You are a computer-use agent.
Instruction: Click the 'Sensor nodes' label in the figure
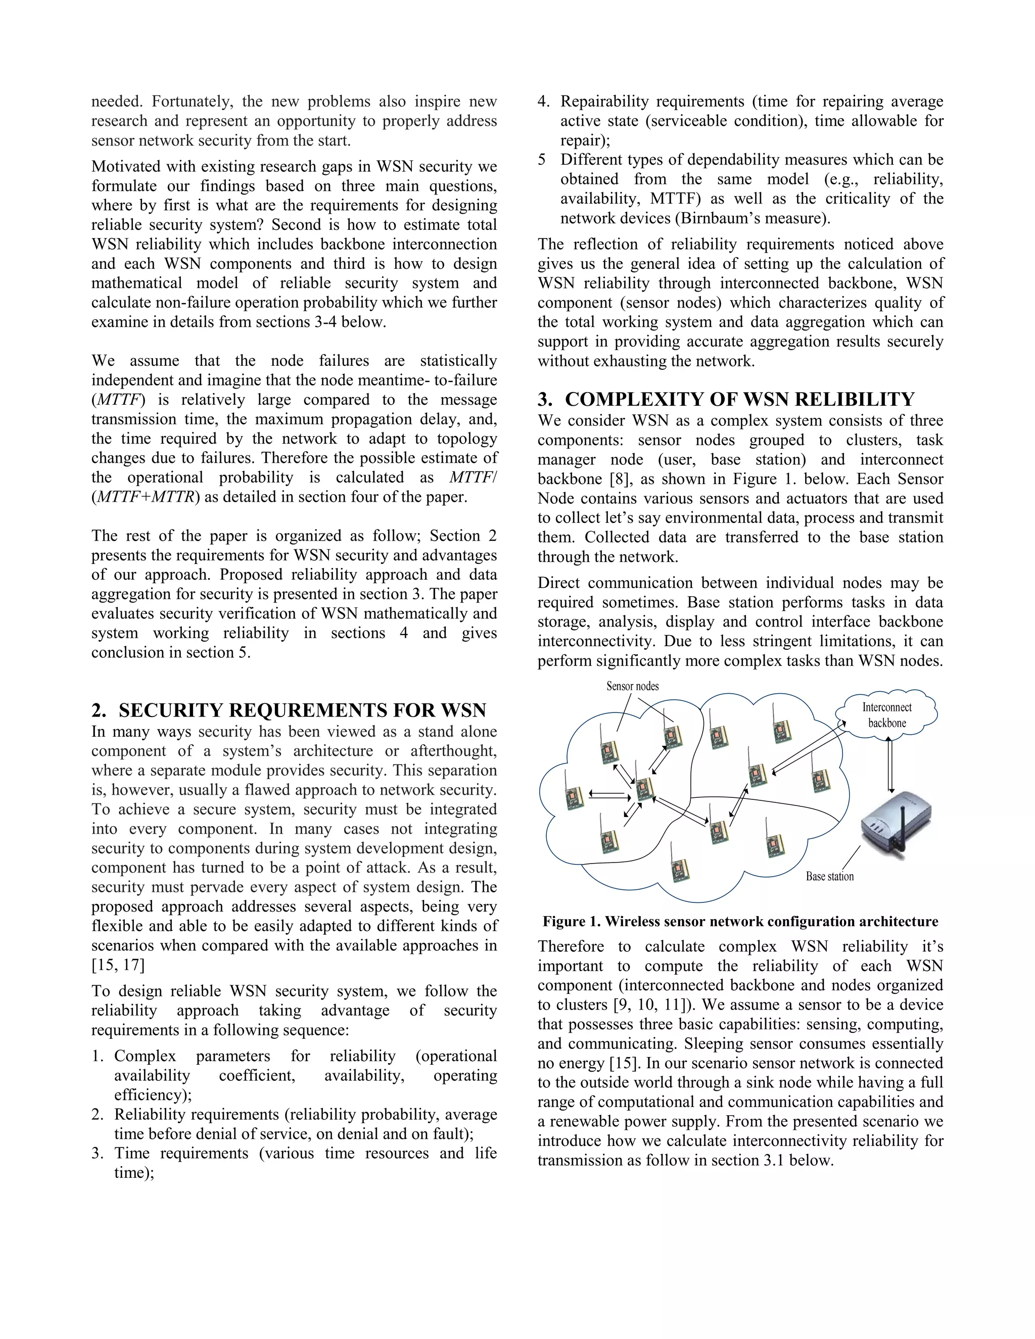[x=632, y=686]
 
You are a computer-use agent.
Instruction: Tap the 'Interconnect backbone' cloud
[x=886, y=715]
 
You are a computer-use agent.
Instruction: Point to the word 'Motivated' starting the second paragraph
[x=127, y=166]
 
